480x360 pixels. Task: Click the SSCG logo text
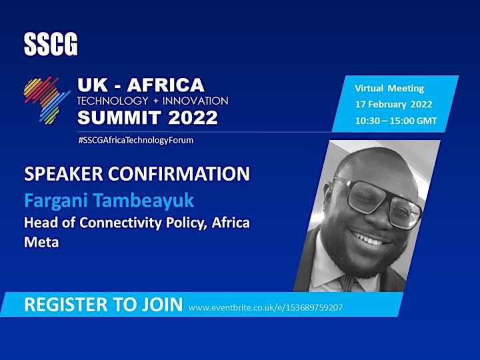pos(51,45)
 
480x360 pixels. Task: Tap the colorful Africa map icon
pos(47,101)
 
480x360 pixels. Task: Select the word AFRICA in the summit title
pos(165,85)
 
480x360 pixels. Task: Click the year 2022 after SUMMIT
pos(193,117)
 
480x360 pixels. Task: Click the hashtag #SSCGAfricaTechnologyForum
pos(136,140)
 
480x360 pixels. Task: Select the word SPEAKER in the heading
pos(63,173)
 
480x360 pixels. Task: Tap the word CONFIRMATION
pos(179,173)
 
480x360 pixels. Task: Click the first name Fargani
pos(56,201)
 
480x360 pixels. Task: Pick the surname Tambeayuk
pos(143,201)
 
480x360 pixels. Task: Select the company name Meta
pos(41,242)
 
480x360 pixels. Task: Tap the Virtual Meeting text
pos(389,89)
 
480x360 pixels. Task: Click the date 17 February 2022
pos(394,105)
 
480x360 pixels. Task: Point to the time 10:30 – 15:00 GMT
pos(396,121)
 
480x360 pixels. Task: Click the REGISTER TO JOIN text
pos(103,304)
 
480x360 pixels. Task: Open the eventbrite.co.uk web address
pos(265,307)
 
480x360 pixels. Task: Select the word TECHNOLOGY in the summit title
pos(113,101)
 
